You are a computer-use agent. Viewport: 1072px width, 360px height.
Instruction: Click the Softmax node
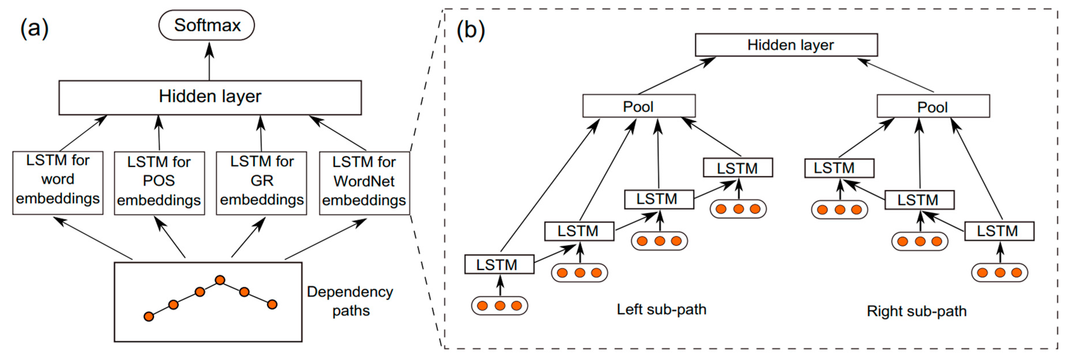click(207, 25)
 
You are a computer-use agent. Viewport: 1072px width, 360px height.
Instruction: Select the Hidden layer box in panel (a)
click(210, 98)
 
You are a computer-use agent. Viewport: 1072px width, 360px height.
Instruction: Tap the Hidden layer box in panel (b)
click(786, 45)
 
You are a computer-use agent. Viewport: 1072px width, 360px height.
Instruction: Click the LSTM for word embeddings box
click(58, 183)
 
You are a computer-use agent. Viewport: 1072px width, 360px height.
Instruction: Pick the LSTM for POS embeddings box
click(159, 183)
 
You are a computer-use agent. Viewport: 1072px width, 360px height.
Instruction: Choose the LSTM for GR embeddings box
click(261, 183)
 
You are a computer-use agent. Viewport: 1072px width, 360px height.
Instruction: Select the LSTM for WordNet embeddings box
click(365, 183)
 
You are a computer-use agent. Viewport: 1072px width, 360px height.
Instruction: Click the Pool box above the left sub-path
click(639, 106)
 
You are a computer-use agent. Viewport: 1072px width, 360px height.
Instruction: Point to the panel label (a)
click(34, 28)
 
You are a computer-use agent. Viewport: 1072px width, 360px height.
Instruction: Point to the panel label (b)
click(471, 30)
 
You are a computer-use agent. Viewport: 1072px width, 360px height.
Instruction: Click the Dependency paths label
click(350, 301)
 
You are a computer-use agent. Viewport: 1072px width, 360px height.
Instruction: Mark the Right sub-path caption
click(917, 311)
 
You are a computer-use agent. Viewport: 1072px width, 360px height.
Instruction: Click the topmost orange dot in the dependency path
click(220, 280)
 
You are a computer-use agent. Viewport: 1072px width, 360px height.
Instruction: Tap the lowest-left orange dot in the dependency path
click(149, 317)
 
